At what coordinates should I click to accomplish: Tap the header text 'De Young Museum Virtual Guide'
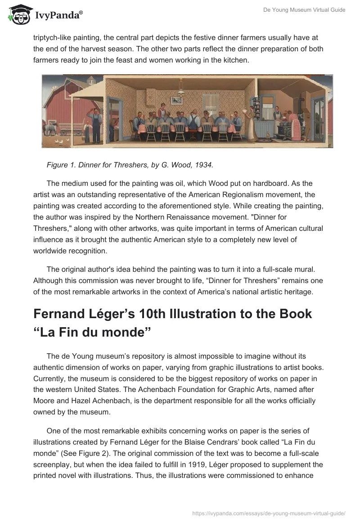[x=305, y=10]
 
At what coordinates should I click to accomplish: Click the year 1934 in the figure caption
[x=205, y=165]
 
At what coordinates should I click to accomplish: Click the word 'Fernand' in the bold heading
[x=61, y=314]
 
